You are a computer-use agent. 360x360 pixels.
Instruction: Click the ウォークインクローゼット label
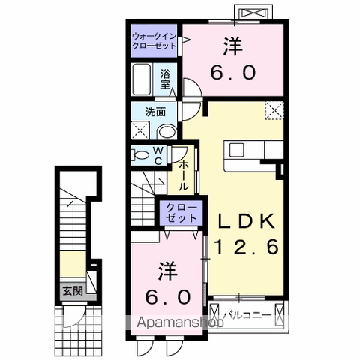click(154, 40)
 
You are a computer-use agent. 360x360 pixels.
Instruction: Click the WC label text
click(159, 155)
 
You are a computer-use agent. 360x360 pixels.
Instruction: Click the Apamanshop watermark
click(178, 323)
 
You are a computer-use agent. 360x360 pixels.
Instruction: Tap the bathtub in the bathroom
click(142, 77)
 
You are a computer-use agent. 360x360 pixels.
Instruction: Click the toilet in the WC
click(139, 155)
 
